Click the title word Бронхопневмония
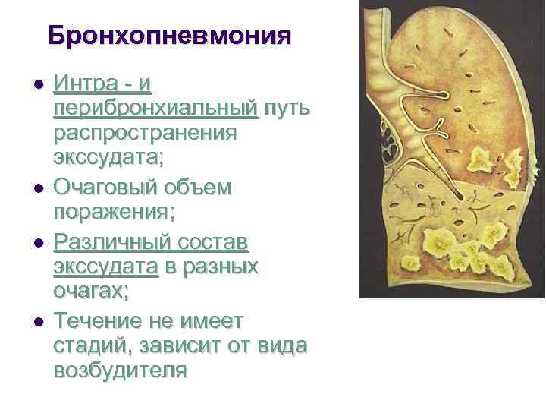point(169,35)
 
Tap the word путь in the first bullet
point(285,109)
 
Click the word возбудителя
point(120,370)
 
